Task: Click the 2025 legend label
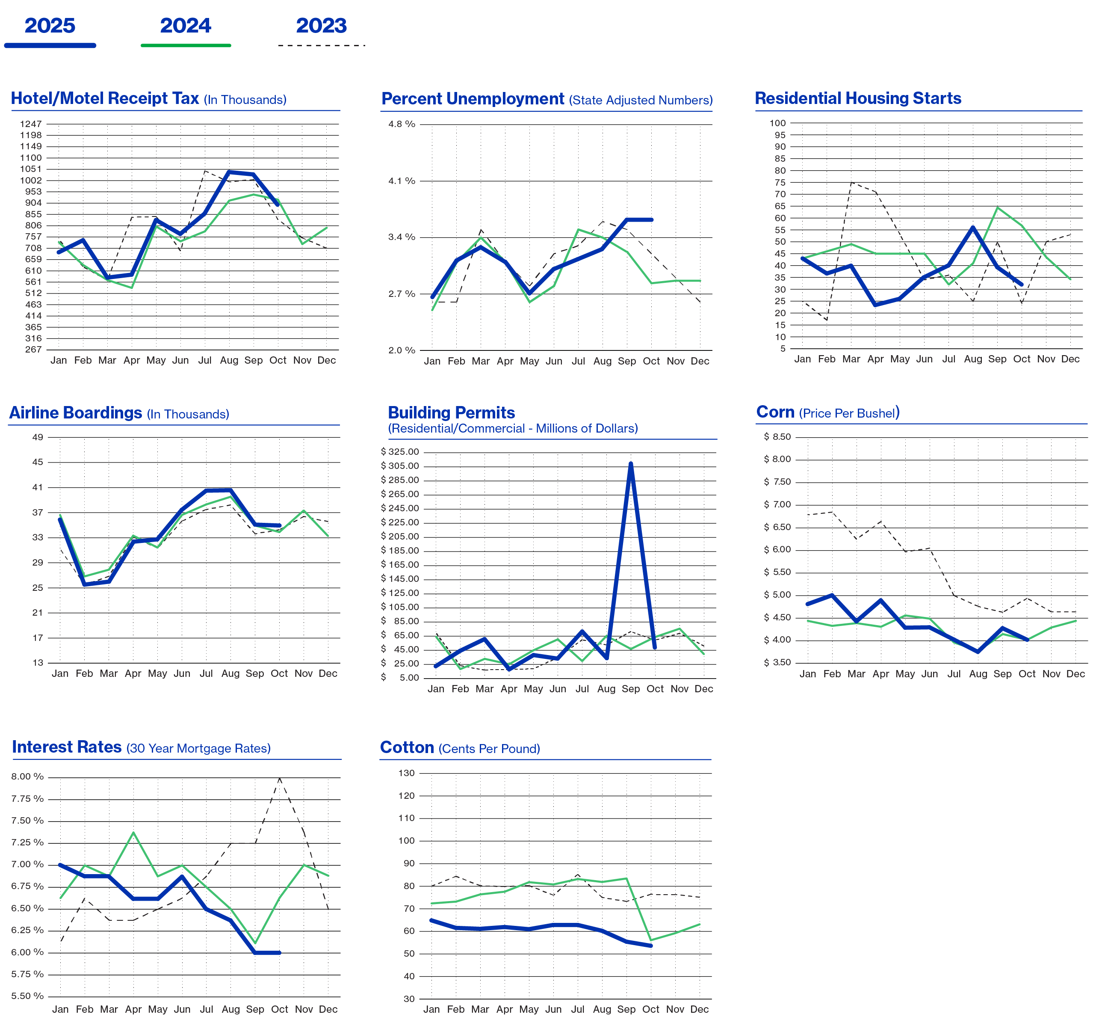50,26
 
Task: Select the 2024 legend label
186,26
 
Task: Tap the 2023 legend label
322,26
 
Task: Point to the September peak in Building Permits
631,464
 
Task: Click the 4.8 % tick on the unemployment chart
402,124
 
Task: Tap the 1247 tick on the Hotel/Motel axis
31,124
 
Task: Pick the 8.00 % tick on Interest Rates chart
28,777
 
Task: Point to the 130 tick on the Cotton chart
406,773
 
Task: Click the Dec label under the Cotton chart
700,1009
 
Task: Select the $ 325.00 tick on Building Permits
400,452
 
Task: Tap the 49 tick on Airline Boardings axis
38,437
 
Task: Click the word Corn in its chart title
775,412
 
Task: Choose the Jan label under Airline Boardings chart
60,673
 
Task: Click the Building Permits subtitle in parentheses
513,429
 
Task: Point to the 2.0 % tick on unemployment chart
402,350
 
